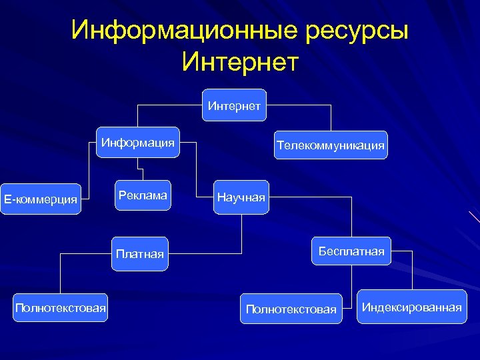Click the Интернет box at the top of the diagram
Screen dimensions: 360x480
234,105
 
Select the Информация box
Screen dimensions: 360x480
138,142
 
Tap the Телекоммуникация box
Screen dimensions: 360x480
331,145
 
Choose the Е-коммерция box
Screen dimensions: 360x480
41,199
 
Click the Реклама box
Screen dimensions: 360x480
142,195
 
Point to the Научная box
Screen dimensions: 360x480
241,197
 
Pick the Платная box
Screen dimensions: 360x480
139,253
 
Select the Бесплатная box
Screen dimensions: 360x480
351,251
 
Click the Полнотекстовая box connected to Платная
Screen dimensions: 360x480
61,307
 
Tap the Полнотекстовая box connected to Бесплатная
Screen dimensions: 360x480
291,309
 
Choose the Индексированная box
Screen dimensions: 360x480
411,307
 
